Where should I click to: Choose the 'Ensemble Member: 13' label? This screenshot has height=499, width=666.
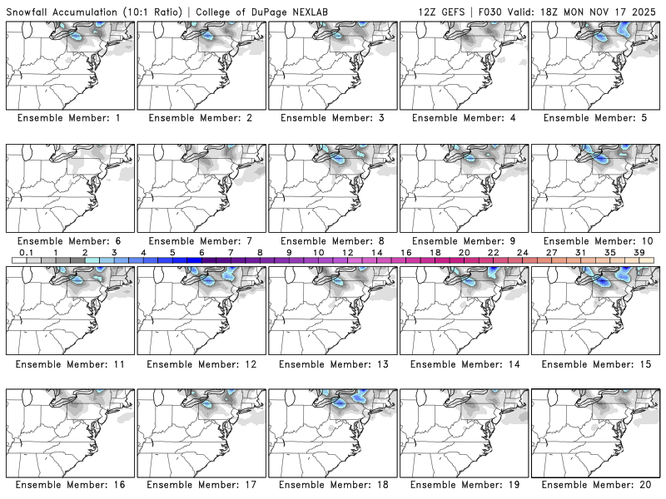[x=332, y=364]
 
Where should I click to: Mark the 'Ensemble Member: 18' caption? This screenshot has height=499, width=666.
[x=332, y=484]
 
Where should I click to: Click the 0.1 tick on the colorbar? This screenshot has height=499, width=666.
[x=27, y=252]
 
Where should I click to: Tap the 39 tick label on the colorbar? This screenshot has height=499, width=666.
[x=639, y=252]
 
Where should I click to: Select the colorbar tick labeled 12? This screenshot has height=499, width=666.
[x=347, y=252]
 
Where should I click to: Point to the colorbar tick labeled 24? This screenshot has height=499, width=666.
[x=522, y=252]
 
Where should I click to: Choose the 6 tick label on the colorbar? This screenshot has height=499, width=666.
[x=201, y=252]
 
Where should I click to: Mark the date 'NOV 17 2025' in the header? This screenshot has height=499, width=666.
[x=625, y=10]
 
